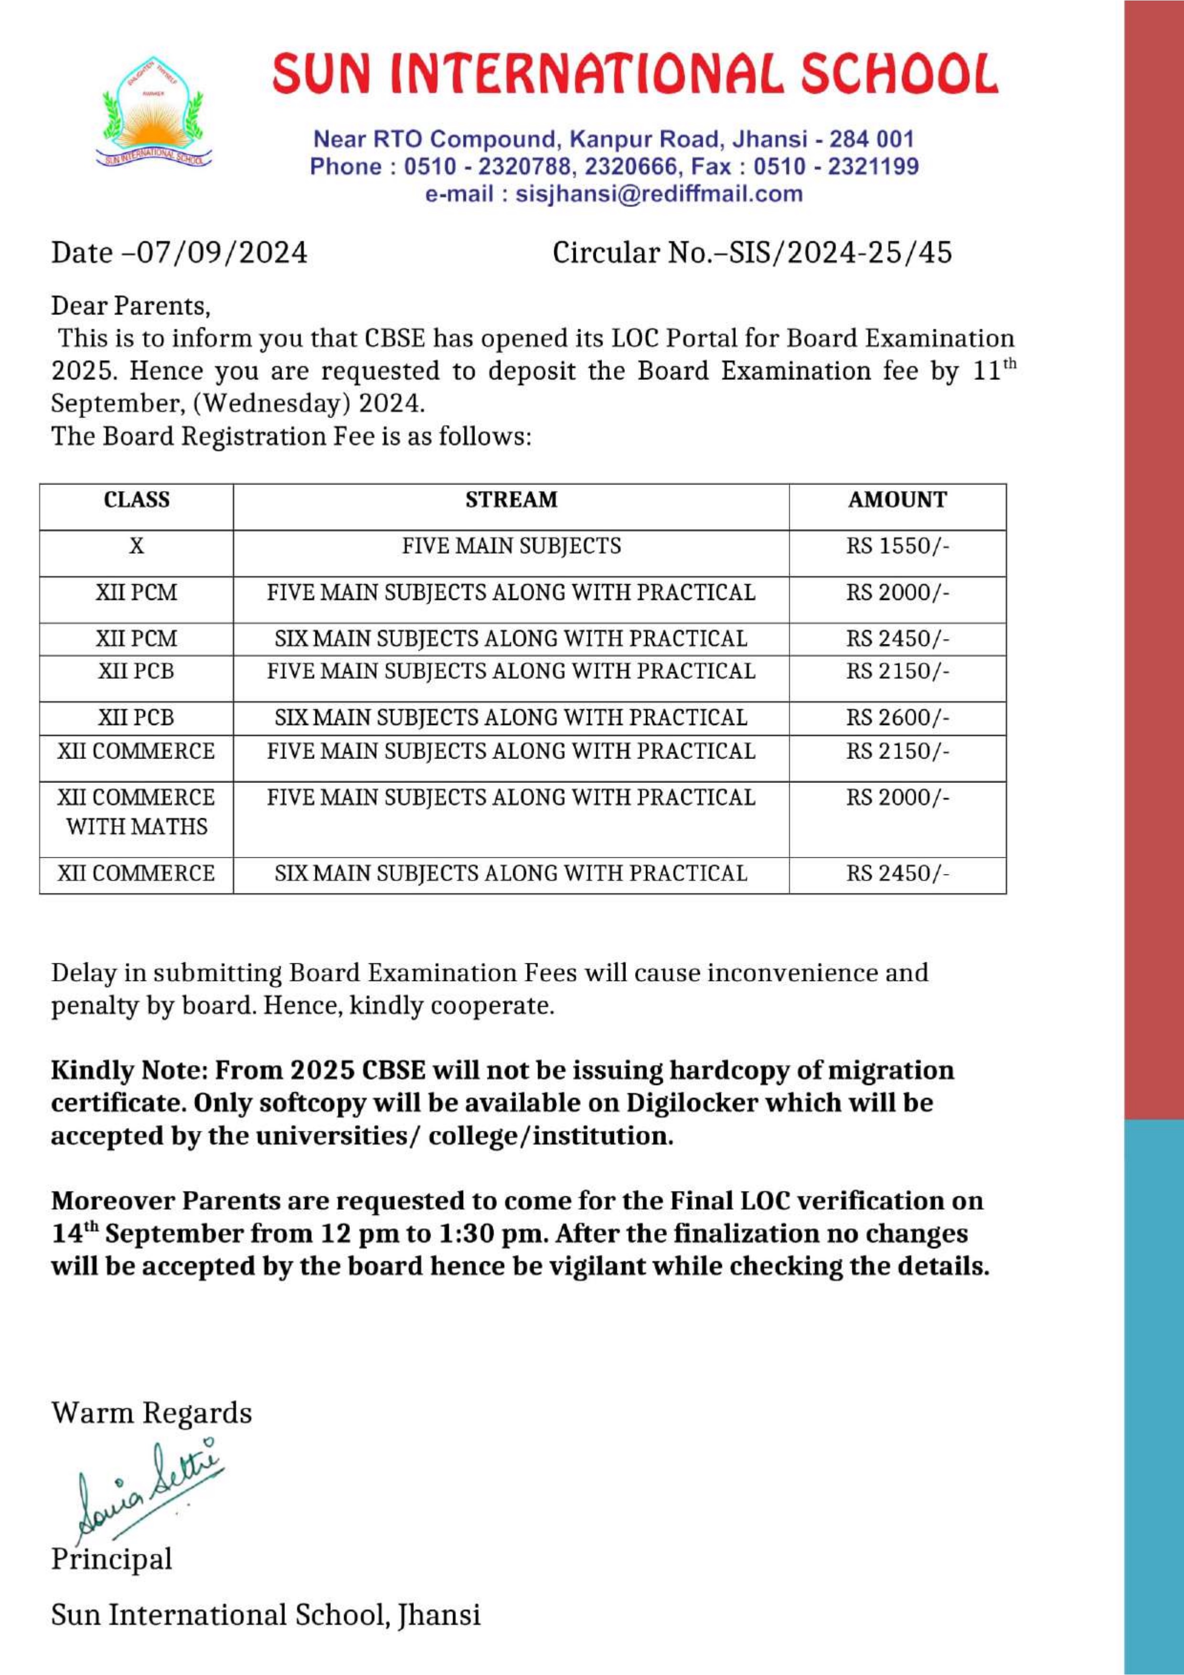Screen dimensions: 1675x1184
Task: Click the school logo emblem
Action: pos(154,114)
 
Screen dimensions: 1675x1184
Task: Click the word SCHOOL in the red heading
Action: pos(899,74)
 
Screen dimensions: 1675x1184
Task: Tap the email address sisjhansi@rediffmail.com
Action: pos(658,195)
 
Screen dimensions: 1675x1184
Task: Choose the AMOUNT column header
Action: pos(897,500)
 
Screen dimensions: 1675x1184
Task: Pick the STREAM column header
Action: pos(511,500)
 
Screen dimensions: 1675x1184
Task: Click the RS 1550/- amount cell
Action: pos(897,547)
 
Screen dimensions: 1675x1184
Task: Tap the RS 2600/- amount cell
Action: pos(897,718)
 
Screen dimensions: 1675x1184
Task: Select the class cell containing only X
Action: pos(137,547)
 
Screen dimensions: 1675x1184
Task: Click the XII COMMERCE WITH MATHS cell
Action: pos(137,812)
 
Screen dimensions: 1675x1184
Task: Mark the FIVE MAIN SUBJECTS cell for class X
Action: pos(511,547)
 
